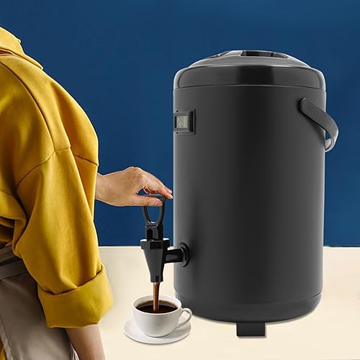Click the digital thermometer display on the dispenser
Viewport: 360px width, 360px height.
tap(183, 122)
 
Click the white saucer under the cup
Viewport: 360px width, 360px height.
tap(137, 332)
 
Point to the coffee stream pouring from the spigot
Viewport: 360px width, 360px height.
tap(155, 294)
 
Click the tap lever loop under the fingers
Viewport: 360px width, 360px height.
tap(153, 212)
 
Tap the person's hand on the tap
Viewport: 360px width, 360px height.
tap(133, 186)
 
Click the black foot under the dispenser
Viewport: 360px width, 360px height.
tap(249, 328)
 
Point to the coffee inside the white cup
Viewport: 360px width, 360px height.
tap(156, 307)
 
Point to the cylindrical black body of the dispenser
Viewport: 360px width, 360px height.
tap(252, 194)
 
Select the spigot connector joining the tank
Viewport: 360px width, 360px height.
tap(181, 254)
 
